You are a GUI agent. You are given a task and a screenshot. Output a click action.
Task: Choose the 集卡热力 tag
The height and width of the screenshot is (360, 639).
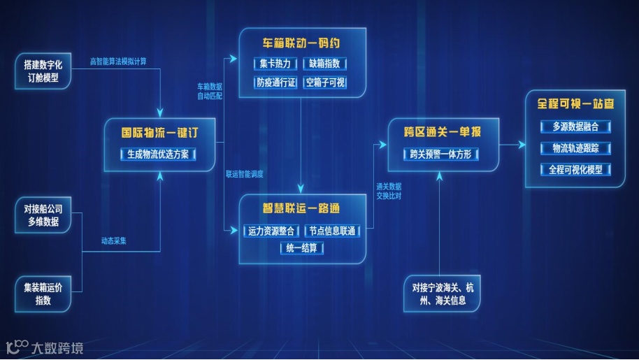[x=274, y=64]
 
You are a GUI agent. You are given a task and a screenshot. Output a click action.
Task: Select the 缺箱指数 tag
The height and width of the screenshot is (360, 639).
[x=325, y=64]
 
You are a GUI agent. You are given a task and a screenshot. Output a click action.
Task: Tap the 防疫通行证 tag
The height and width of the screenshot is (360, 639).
[x=274, y=83]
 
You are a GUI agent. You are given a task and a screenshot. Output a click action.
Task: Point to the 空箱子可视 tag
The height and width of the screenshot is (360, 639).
[x=325, y=83]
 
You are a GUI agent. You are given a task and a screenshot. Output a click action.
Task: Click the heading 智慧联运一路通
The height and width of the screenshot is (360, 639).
[x=301, y=208]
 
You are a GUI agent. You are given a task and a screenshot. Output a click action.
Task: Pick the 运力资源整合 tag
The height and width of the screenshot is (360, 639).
[x=271, y=231]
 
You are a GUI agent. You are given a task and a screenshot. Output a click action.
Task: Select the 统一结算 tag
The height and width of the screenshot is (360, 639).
[x=302, y=248]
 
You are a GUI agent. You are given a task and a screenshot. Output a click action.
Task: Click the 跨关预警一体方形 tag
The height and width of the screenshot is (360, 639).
[x=443, y=154]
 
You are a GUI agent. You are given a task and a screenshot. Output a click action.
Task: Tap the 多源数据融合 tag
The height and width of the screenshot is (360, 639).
[x=575, y=127]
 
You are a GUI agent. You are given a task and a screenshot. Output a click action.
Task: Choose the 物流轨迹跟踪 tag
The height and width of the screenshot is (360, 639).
[x=575, y=148]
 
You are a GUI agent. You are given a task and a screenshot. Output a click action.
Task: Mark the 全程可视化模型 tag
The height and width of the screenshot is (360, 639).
[x=575, y=170]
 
